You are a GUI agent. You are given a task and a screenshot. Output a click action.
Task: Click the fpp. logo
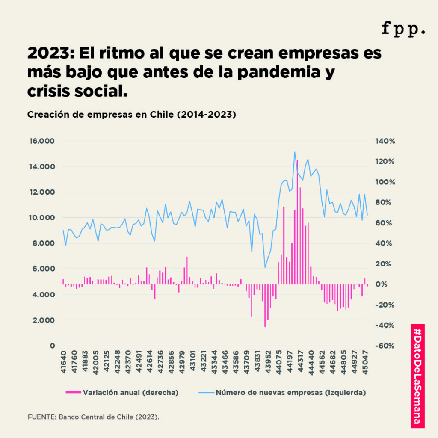click(x=403, y=29)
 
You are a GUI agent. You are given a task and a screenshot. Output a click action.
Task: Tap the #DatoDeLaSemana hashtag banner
click(x=418, y=376)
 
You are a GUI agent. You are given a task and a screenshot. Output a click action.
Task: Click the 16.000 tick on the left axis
click(x=42, y=141)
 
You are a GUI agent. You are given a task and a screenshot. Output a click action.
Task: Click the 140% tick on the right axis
click(x=385, y=141)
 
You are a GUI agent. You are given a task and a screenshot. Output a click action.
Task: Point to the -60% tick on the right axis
click(x=385, y=346)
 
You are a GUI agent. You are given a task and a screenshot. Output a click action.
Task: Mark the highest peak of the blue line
click(x=295, y=152)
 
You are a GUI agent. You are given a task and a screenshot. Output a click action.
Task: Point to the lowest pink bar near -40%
click(x=265, y=308)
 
